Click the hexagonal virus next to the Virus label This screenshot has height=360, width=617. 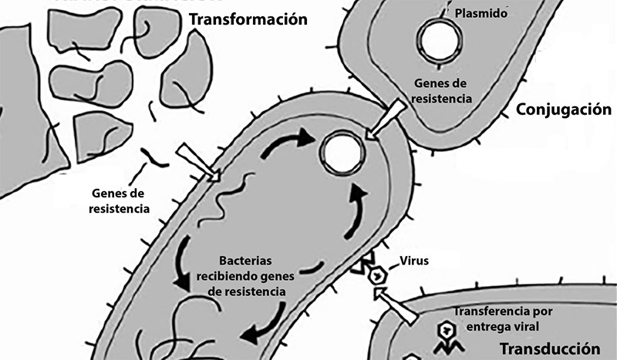coord(378,276)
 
